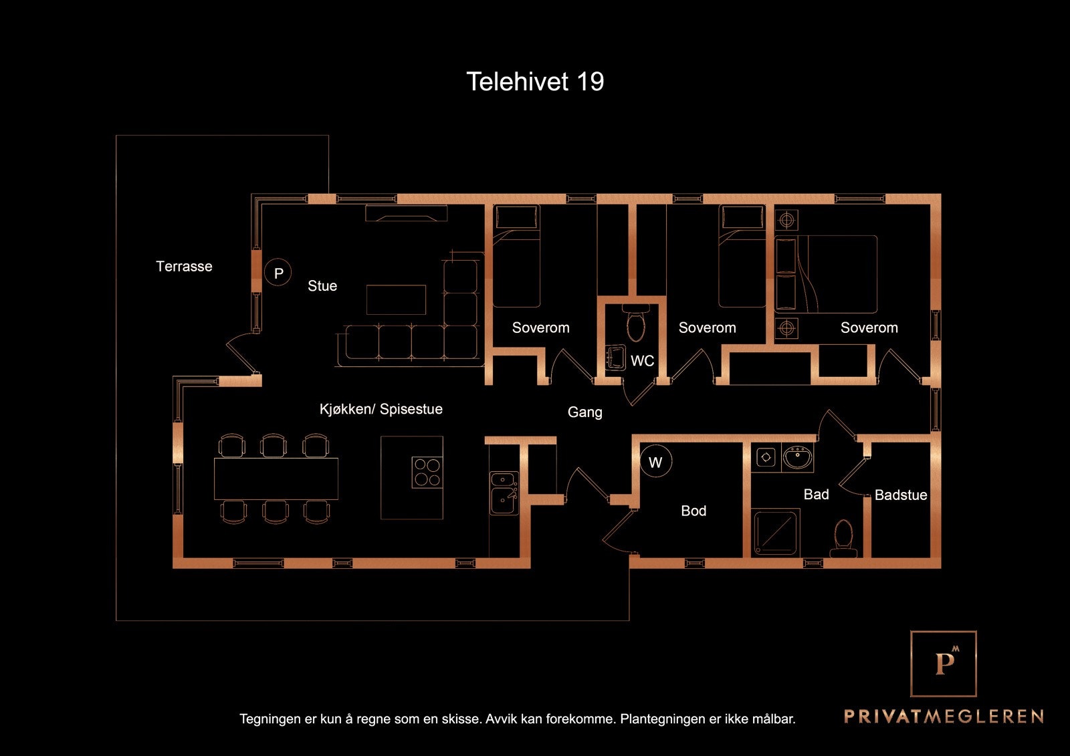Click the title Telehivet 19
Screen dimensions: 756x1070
[x=535, y=82]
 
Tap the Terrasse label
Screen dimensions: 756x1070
[x=184, y=266]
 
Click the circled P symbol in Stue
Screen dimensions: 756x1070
[x=278, y=273]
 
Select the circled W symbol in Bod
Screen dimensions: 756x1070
[x=655, y=462]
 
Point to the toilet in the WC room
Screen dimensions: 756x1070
[x=635, y=324]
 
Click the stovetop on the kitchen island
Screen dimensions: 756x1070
[x=427, y=472]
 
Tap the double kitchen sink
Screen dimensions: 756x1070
[x=504, y=493]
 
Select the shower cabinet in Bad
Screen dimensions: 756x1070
[x=776, y=533]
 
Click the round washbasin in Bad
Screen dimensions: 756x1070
[x=797, y=458]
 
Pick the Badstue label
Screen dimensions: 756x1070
[x=901, y=495]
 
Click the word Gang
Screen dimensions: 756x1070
[x=585, y=412]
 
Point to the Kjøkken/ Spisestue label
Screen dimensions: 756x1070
[x=381, y=409]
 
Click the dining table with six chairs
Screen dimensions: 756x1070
[x=276, y=479]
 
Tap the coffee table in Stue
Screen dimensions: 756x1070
[x=396, y=299]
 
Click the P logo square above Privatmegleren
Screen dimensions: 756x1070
[x=944, y=663]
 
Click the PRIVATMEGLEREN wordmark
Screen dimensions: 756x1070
[x=944, y=717]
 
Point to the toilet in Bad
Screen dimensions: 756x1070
[x=843, y=538]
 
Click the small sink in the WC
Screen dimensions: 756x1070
[x=615, y=358]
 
